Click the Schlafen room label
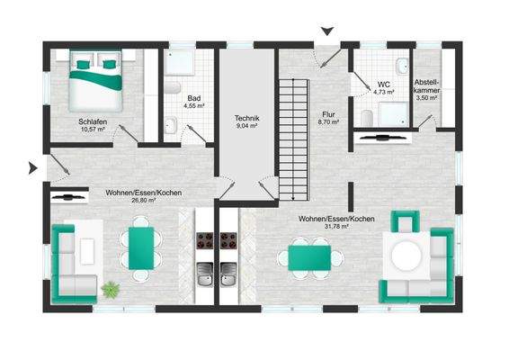93,122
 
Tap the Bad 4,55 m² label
194,102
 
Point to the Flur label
328,114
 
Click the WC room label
383,85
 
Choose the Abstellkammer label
427,86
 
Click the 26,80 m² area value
144,201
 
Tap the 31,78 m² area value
336,227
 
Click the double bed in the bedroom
95,81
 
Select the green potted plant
111,289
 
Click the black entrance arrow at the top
327,31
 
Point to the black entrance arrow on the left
33,167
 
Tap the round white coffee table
406,255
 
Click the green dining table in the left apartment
141,248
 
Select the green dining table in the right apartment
309,257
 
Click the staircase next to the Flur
294,139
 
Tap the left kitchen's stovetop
205,241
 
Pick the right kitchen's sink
228,274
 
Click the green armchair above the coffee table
405,220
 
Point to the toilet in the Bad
173,87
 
